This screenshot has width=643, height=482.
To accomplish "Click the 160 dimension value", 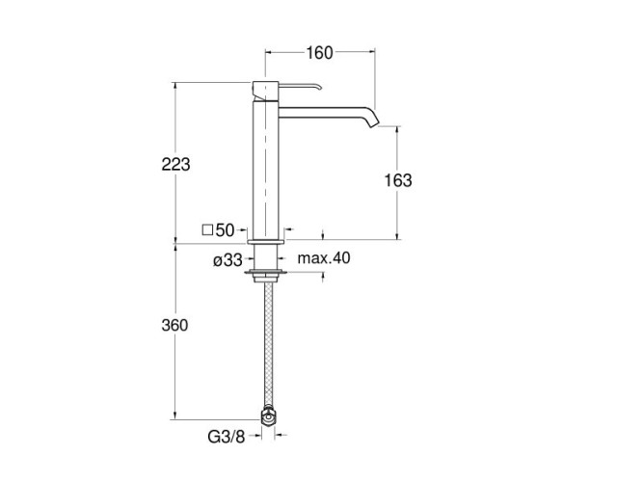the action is [319, 53].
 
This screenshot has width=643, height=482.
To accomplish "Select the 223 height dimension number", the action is [175, 165].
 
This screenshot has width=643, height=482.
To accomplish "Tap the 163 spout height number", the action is [398, 180].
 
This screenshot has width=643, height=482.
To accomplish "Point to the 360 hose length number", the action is [174, 325].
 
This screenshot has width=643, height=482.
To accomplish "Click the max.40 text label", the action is [324, 258].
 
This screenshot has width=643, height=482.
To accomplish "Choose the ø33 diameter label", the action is [228, 260].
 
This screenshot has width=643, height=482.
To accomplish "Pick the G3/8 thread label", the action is [226, 438].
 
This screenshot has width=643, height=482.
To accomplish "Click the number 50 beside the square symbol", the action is [225, 230].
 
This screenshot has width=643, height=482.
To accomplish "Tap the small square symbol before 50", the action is [207, 230].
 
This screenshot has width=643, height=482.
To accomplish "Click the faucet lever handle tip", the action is [319, 87].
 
